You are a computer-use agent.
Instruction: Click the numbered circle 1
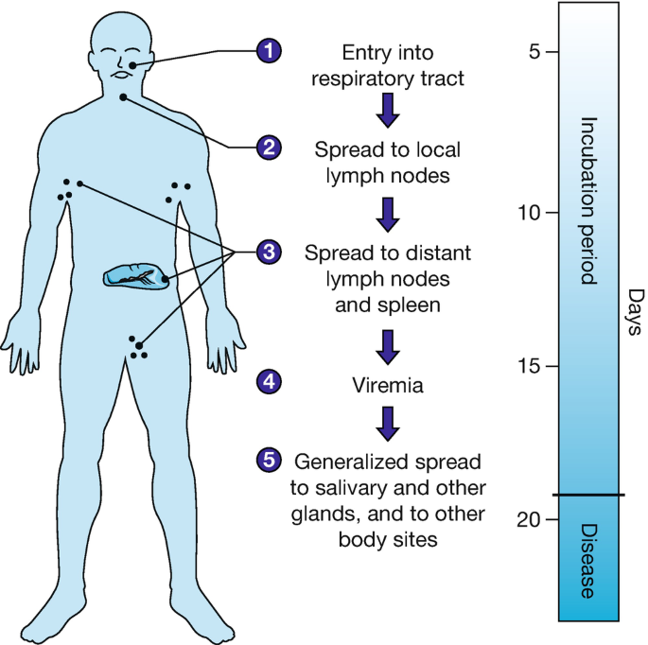click(x=270, y=50)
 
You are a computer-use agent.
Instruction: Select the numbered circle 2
click(x=270, y=148)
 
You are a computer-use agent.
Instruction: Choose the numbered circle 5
click(x=270, y=460)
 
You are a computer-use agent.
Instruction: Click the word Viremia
click(x=388, y=385)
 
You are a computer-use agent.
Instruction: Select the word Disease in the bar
click(x=587, y=560)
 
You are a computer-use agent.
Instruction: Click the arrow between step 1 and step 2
click(x=388, y=111)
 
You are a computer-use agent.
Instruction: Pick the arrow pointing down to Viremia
click(x=388, y=346)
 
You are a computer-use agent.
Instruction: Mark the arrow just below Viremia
click(x=388, y=423)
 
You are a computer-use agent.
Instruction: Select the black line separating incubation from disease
click(x=587, y=494)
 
